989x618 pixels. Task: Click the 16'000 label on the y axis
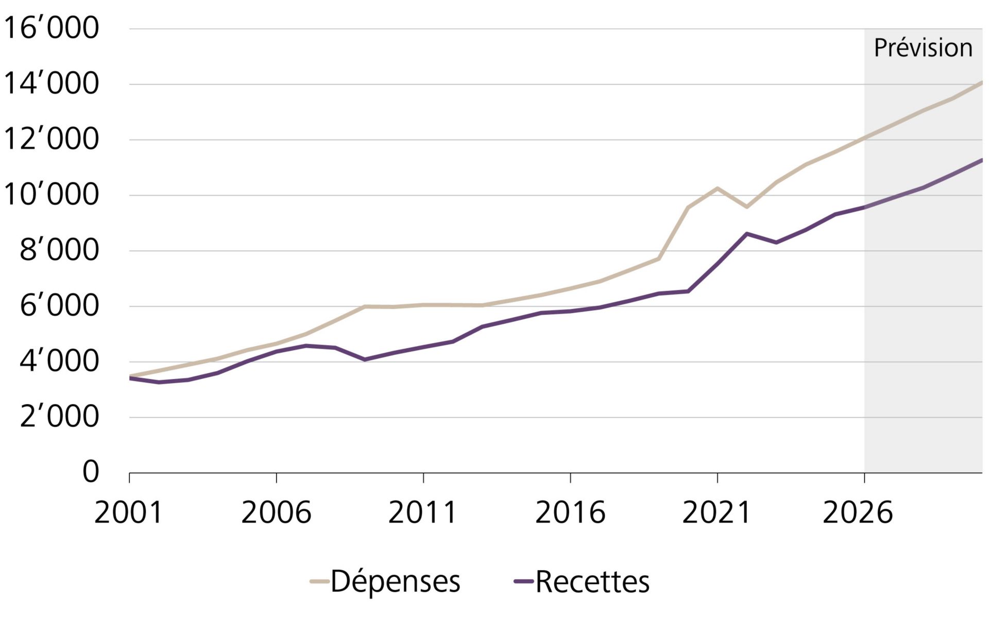click(50, 28)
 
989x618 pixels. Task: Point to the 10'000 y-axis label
click(50, 195)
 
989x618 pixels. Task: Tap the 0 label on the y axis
click(91, 472)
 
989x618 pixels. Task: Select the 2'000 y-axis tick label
click(59, 417)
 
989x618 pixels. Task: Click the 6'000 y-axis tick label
click(59, 306)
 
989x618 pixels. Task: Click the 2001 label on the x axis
click(128, 513)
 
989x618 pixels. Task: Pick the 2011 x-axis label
click(422, 513)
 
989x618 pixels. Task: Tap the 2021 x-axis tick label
click(717, 513)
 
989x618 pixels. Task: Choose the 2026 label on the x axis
click(858, 513)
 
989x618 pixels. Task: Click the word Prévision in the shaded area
click(923, 48)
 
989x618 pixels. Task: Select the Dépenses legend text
click(395, 582)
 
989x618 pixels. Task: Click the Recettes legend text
click(592, 582)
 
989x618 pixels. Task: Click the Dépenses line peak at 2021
click(717, 188)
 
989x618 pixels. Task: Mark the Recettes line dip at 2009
click(365, 359)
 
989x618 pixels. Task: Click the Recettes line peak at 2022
click(746, 234)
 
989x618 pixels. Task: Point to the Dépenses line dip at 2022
click(746, 207)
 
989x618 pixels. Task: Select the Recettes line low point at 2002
click(158, 382)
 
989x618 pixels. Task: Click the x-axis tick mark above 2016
click(570, 478)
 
